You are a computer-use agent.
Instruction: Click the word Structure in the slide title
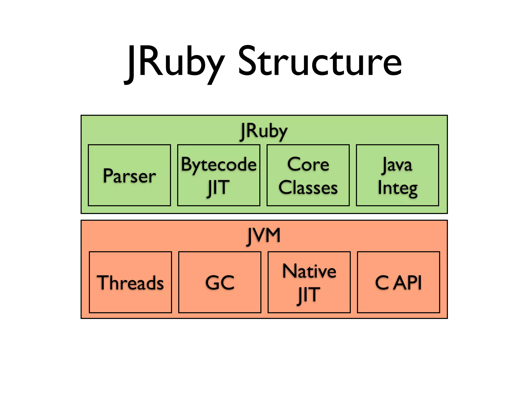click(320, 62)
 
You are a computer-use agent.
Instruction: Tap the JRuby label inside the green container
click(263, 131)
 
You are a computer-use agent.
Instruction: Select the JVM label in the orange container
click(263, 235)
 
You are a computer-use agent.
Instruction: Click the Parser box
click(129, 175)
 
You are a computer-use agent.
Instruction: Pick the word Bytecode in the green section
click(219, 165)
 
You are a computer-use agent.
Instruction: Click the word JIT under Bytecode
click(218, 188)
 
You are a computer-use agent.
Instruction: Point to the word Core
click(308, 164)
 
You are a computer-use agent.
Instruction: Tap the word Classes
click(308, 187)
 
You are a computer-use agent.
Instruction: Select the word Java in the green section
click(397, 165)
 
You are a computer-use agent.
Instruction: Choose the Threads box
click(130, 282)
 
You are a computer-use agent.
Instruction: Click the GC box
click(220, 282)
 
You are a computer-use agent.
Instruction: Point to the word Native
click(309, 271)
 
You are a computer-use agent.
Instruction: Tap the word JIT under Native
click(308, 295)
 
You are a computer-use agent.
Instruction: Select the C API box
click(398, 282)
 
